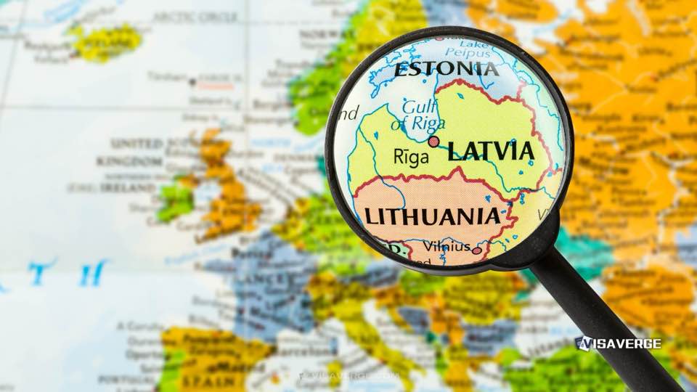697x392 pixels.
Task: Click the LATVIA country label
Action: (491, 151)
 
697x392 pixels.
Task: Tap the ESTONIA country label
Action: (446, 70)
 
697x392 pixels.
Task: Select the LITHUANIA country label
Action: (432, 216)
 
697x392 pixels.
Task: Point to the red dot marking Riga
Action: (433, 142)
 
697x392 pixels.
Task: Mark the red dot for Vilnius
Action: (476, 250)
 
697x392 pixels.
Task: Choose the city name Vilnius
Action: (446, 246)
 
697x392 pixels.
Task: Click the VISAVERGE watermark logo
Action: (618, 343)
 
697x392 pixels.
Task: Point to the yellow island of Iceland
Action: (107, 42)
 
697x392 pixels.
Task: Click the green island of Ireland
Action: (174, 200)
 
